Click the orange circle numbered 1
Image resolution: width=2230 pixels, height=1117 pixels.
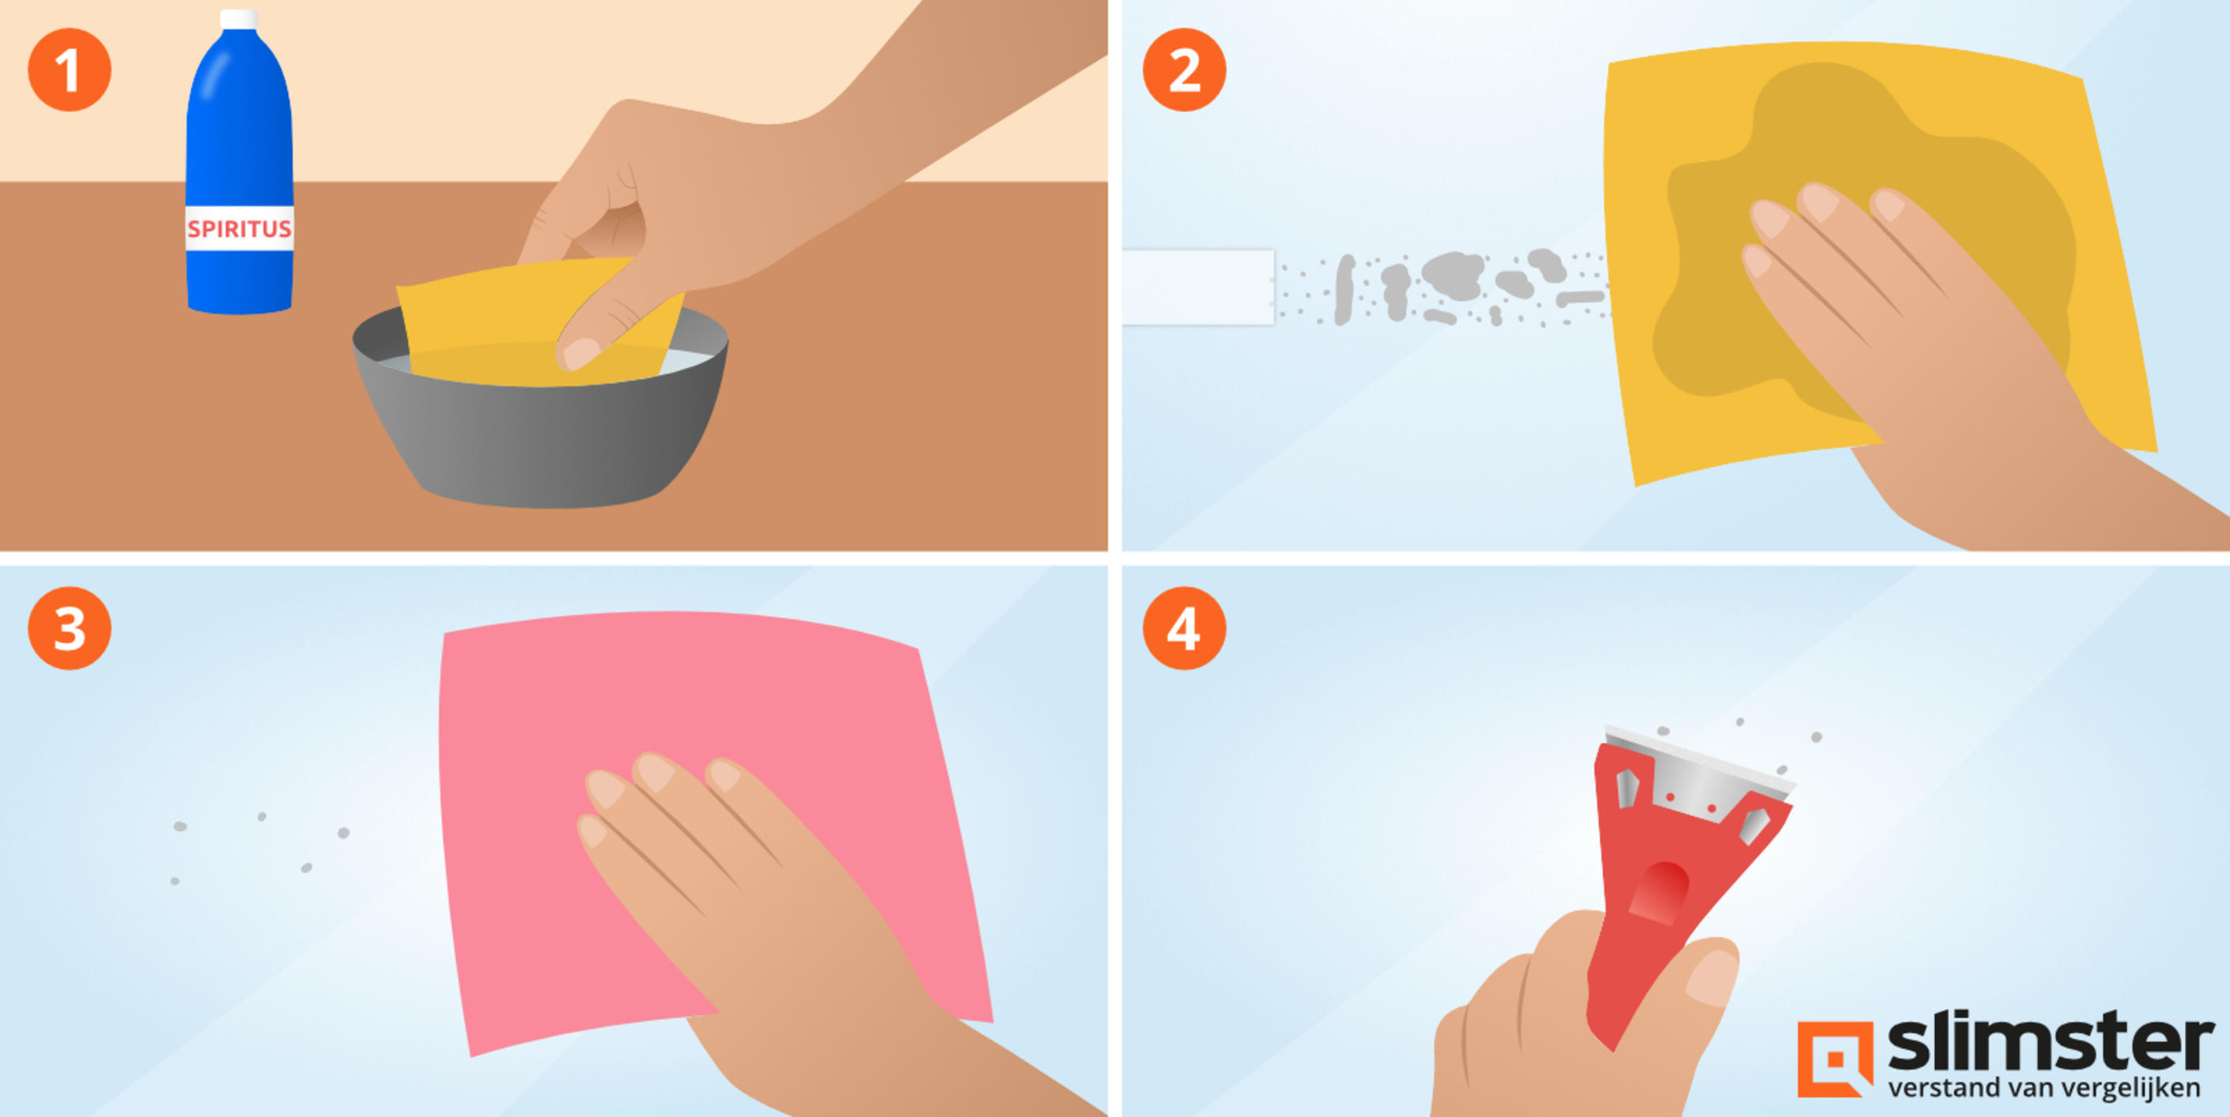point(70,70)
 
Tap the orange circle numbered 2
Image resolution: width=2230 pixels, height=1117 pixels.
point(1185,70)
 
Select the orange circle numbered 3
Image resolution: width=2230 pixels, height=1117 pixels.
point(70,628)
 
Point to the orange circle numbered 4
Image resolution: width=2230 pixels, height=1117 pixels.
point(1185,628)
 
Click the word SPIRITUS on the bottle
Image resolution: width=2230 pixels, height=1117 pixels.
point(240,229)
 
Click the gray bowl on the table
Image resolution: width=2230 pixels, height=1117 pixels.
point(540,415)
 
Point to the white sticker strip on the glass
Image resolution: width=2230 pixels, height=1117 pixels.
point(1198,287)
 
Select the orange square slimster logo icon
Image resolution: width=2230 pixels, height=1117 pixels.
point(1835,1059)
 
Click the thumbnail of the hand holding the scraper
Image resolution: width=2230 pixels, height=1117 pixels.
point(1711,977)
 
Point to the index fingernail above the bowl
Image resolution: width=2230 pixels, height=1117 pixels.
point(580,352)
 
